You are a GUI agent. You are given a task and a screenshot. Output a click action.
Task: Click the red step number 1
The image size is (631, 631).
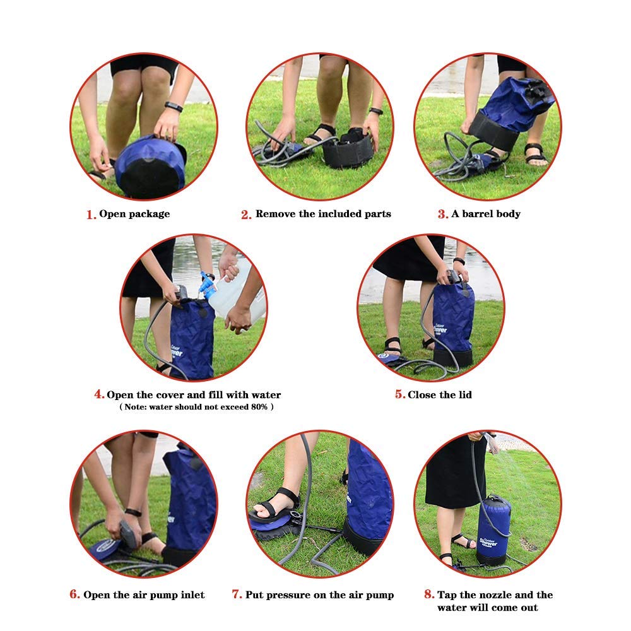coord(90,215)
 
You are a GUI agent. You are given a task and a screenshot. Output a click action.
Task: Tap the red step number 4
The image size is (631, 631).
coord(99,394)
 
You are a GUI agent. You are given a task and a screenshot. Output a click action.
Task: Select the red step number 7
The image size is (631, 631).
coord(237,594)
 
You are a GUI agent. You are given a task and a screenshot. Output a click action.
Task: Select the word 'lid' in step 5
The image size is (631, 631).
coord(464,395)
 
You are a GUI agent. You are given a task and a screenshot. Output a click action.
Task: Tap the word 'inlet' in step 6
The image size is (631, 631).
coord(189,595)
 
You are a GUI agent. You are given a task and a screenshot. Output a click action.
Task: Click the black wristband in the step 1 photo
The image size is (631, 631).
coord(174,107)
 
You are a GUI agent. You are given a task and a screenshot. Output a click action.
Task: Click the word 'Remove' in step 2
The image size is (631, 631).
coord(275,214)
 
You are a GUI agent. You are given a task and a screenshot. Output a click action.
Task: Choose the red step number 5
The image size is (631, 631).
coord(400,395)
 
